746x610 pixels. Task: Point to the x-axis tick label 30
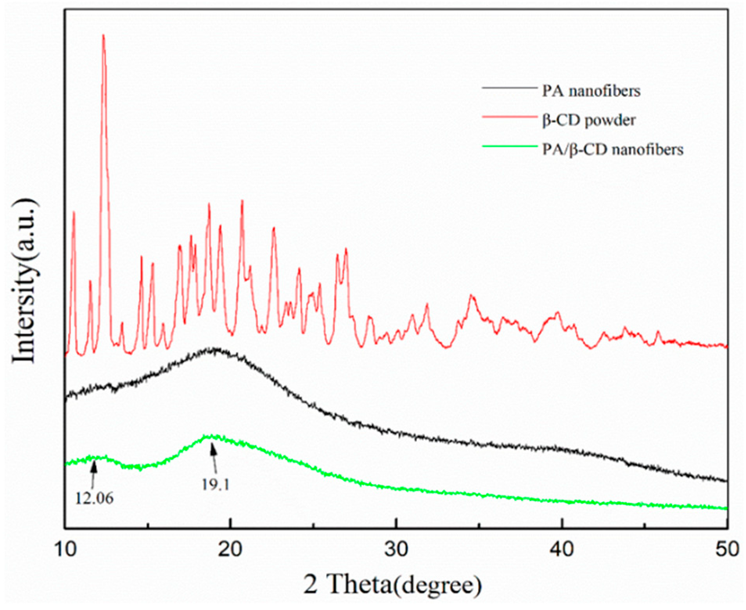pyautogui.click(x=397, y=549)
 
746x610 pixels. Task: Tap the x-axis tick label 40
pyautogui.click(x=562, y=549)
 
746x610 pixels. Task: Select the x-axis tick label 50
pyautogui.click(x=727, y=549)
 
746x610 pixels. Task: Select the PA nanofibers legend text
pyautogui.click(x=591, y=91)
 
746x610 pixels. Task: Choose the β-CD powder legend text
pyautogui.click(x=589, y=120)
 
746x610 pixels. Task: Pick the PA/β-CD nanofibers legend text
pyautogui.click(x=613, y=149)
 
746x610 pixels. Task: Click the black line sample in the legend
pyautogui.click(x=509, y=88)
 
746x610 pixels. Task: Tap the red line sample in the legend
pyautogui.click(x=509, y=117)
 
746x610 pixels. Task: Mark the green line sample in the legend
pyautogui.click(x=509, y=146)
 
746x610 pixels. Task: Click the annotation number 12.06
pyautogui.click(x=94, y=498)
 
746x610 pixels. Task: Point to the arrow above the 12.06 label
pyautogui.click(x=93, y=474)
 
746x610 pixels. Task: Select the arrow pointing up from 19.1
pyautogui.click(x=214, y=459)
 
